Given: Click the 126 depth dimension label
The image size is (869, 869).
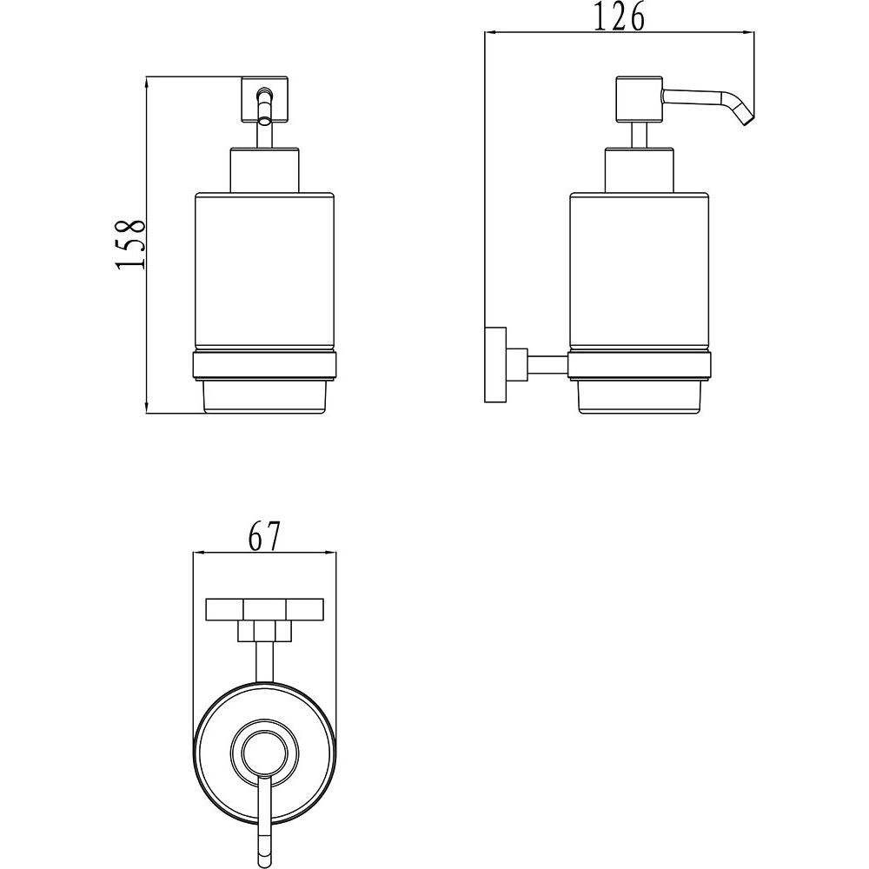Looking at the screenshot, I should tap(620, 17).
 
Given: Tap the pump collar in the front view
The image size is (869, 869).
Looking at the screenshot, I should tap(263, 169).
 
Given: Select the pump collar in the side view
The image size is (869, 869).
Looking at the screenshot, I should tap(639, 169).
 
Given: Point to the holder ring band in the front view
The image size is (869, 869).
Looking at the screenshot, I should tap(263, 367).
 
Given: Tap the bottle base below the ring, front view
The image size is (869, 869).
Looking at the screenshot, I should tap(263, 397).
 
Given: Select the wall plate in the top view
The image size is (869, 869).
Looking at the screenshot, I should tap(263, 609).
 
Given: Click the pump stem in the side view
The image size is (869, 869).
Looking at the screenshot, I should tap(639, 135).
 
